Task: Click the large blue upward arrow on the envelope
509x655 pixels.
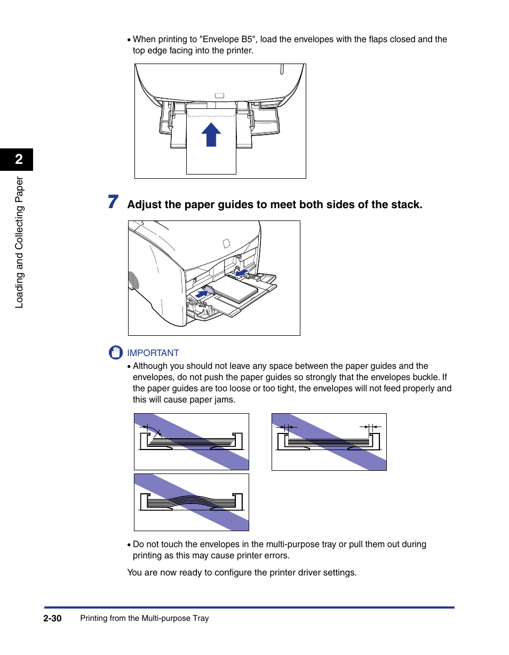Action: [x=211, y=135]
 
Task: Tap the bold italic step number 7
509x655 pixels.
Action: [x=113, y=202]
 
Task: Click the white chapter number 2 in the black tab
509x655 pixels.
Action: [x=19, y=159]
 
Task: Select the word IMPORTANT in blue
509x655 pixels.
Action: [x=153, y=353]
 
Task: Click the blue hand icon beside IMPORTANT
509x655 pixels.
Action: [x=115, y=353]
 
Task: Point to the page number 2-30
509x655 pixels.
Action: [x=53, y=618]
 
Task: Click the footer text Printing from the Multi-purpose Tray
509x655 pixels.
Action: [x=144, y=618]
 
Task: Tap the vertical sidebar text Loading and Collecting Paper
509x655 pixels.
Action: [x=19, y=242]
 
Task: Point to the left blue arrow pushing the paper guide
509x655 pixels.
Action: [x=202, y=293]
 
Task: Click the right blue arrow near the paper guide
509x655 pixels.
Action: [x=243, y=273]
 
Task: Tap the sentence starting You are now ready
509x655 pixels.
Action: [x=241, y=572]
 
